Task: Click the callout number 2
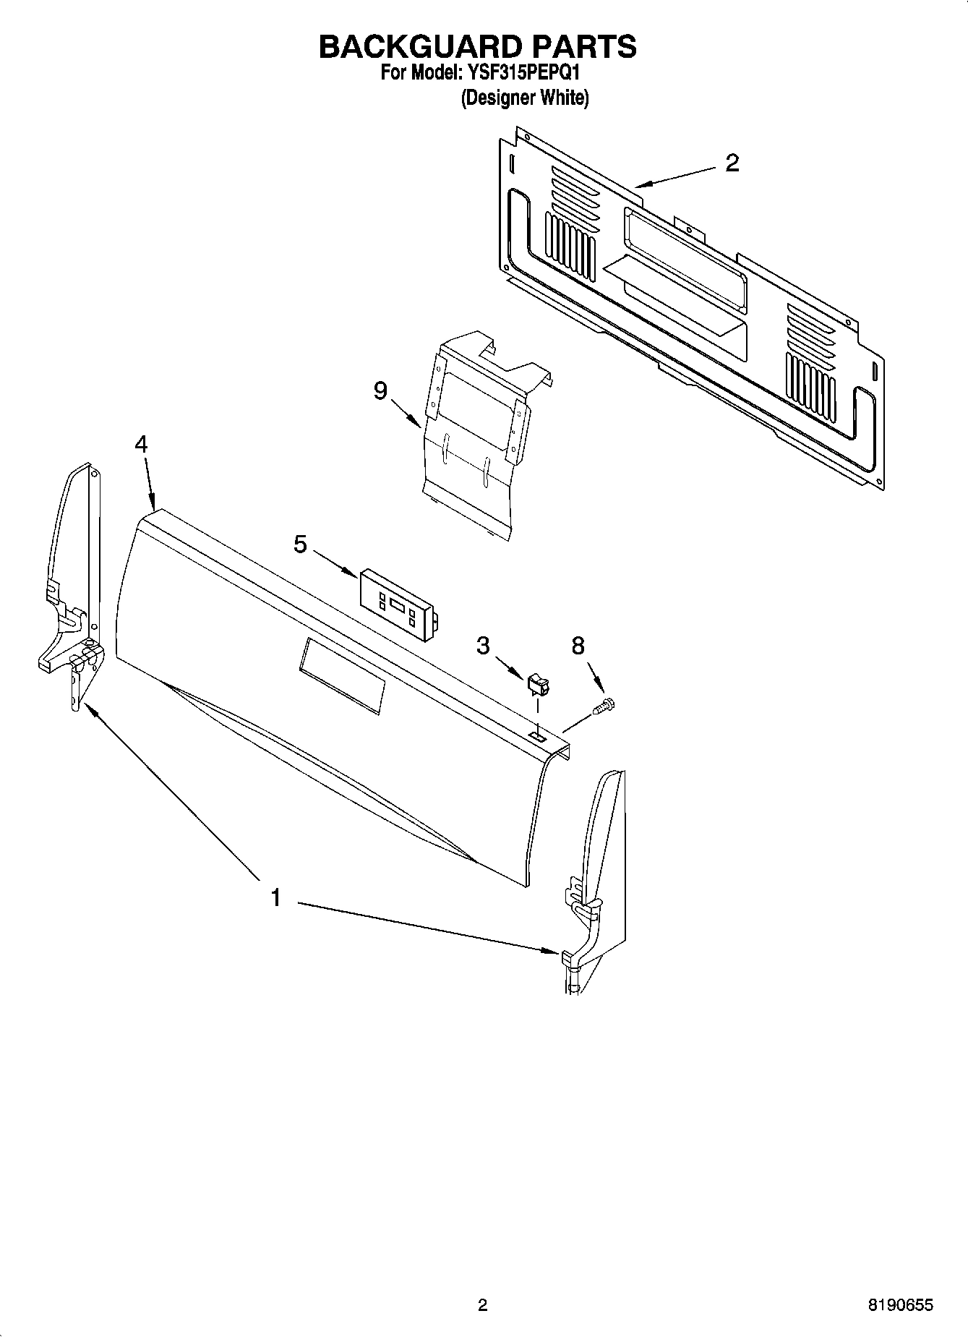tap(732, 163)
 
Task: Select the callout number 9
tap(381, 391)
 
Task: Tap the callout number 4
tap(141, 444)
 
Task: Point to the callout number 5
tap(301, 544)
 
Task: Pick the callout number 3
tap(483, 645)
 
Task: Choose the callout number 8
tap(578, 646)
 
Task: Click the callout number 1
tap(275, 898)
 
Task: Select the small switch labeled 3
tap(538, 683)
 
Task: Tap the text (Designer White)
tap(525, 98)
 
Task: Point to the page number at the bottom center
tap(483, 1305)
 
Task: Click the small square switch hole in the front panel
tap(536, 735)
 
